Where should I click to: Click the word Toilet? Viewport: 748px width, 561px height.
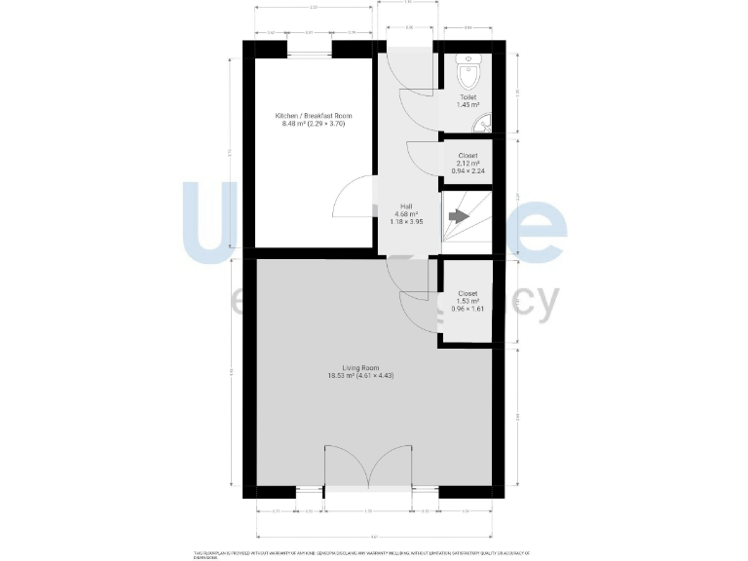click(x=468, y=97)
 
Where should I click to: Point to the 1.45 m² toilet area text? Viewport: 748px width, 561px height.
click(x=468, y=105)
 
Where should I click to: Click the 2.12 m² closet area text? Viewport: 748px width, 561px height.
click(x=468, y=164)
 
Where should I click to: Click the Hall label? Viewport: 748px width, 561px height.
click(x=408, y=206)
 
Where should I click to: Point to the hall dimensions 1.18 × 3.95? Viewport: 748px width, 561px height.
click(x=408, y=223)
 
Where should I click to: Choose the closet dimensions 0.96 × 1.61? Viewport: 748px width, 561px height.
click(x=468, y=310)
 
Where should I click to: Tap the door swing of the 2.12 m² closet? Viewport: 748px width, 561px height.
click(x=422, y=156)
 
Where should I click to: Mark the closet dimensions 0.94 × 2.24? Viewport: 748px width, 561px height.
click(x=468, y=172)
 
